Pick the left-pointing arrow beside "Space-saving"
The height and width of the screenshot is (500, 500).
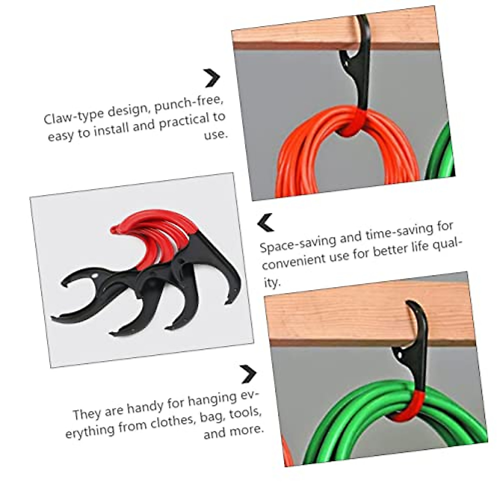coord(266,222)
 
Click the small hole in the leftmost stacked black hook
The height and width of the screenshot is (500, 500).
coord(96,276)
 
